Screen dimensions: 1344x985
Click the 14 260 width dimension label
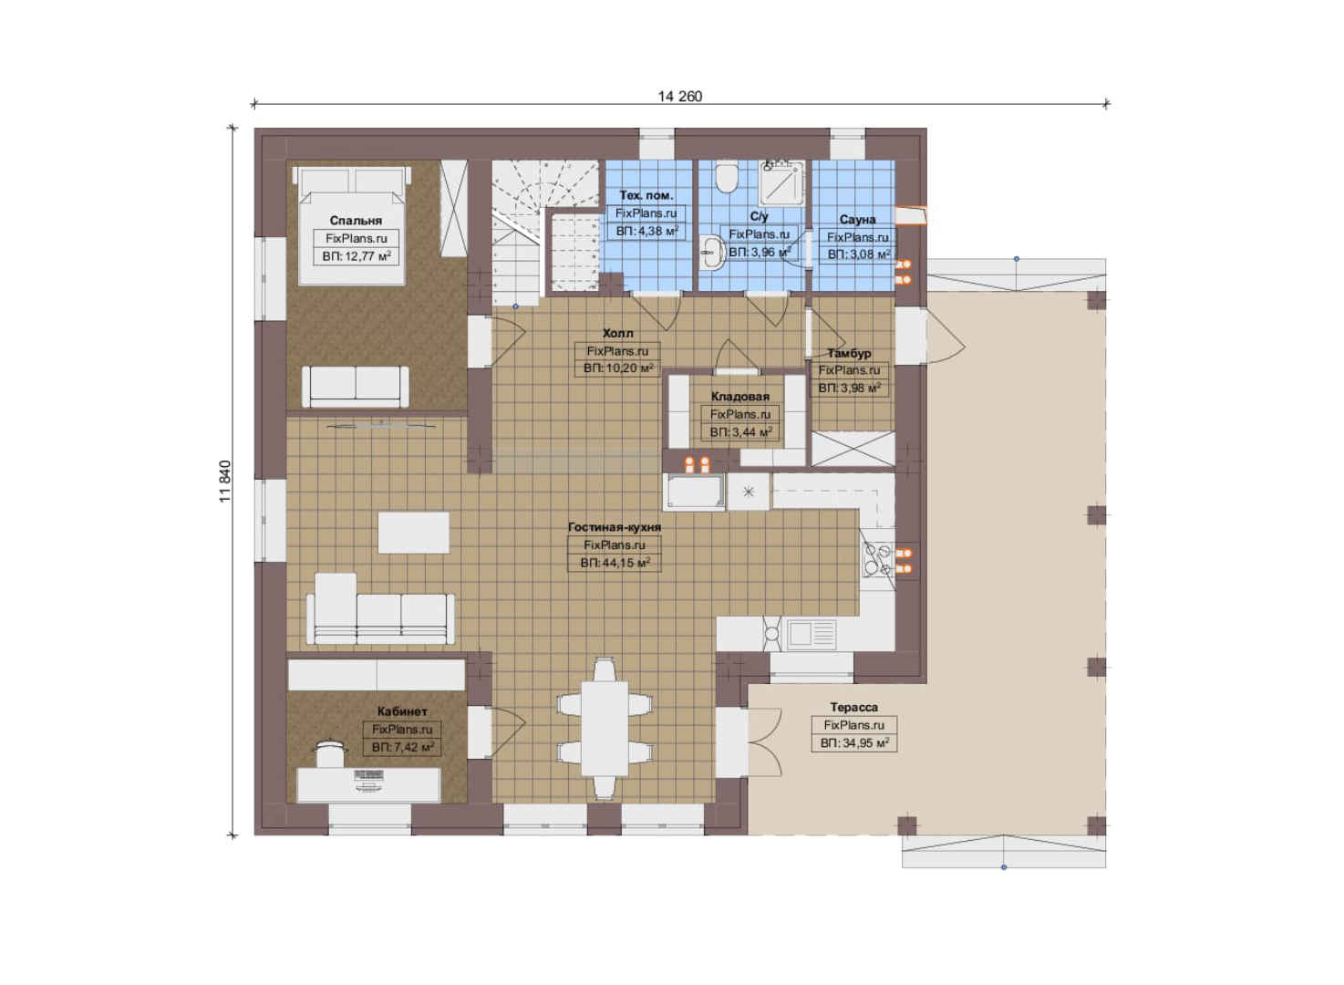[680, 96]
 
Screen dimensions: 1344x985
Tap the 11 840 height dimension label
[225, 482]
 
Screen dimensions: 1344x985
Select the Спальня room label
[356, 221]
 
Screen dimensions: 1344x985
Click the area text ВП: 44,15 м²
[615, 563]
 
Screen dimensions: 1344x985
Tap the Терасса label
[853, 707]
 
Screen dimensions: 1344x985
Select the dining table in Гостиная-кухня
[605, 729]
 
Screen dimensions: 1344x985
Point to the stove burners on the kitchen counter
[877, 559]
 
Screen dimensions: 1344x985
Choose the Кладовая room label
[739, 396]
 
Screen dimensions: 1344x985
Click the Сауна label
[857, 220]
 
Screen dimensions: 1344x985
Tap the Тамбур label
[849, 353]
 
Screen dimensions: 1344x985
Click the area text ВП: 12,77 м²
[357, 256]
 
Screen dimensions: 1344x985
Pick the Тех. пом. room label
[646, 195]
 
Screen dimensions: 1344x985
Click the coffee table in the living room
[413, 533]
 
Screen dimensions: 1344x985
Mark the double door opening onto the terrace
[764, 742]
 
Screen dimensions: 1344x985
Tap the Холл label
[617, 333]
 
